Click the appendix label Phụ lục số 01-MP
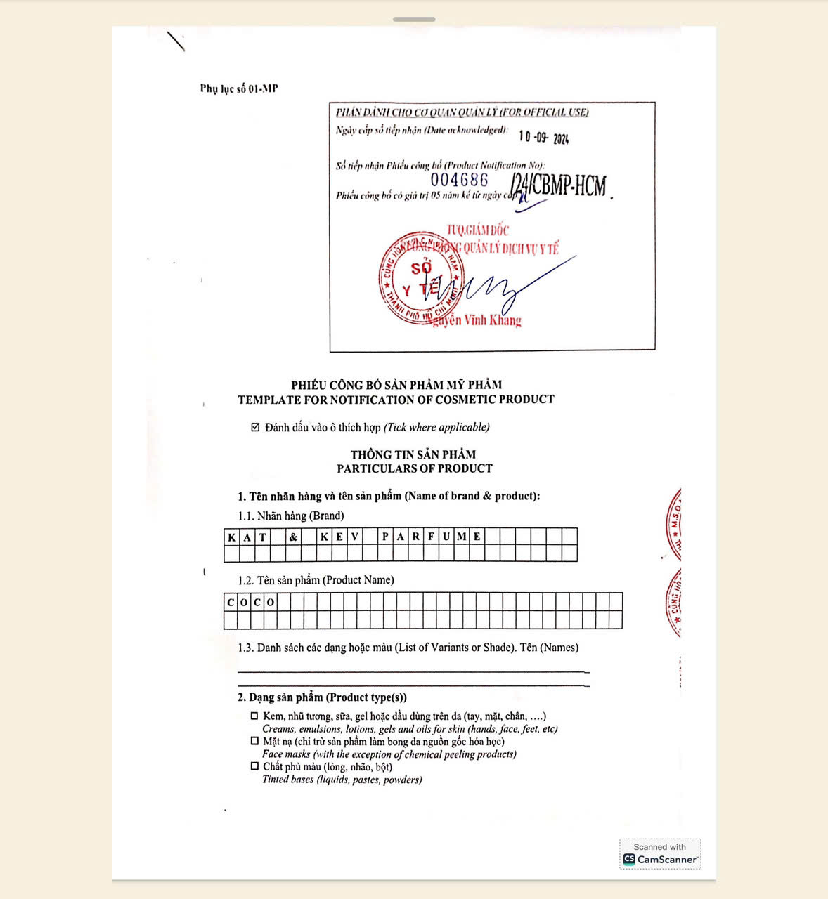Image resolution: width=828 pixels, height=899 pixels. pyautogui.click(x=239, y=88)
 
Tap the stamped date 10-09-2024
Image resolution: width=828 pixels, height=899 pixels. pyautogui.click(x=543, y=137)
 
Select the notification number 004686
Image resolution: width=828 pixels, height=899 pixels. pyautogui.click(x=459, y=180)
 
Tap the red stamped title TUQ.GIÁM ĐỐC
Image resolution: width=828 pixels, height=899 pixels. pyautogui.click(x=478, y=230)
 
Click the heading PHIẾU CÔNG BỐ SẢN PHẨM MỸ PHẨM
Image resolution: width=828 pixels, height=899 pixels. pyautogui.click(x=396, y=385)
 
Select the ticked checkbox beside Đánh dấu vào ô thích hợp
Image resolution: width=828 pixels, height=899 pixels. pyautogui.click(x=256, y=427)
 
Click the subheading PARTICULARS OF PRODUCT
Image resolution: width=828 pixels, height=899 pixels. pyautogui.click(x=414, y=468)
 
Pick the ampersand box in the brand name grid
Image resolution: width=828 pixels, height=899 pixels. pyautogui.click(x=293, y=537)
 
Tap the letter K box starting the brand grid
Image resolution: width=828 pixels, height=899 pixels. pyautogui.click(x=232, y=537)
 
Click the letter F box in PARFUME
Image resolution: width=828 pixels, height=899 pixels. pyautogui.click(x=431, y=537)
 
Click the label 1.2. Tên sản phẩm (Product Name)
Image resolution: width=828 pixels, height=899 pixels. pyautogui.click(x=316, y=580)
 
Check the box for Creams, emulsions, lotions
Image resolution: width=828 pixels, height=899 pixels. pyautogui.click(x=254, y=716)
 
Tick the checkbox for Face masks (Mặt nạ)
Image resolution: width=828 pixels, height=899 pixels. pyautogui.click(x=254, y=741)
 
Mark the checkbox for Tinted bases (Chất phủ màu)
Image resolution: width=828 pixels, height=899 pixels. pyautogui.click(x=254, y=766)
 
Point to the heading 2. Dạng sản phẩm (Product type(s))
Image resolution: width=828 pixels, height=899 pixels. pyautogui.click(x=322, y=697)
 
